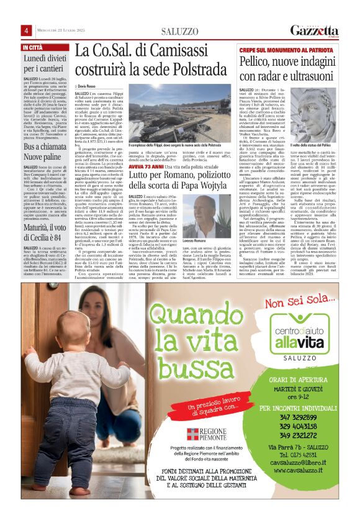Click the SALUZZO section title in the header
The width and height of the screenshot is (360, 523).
tap(179, 31)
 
